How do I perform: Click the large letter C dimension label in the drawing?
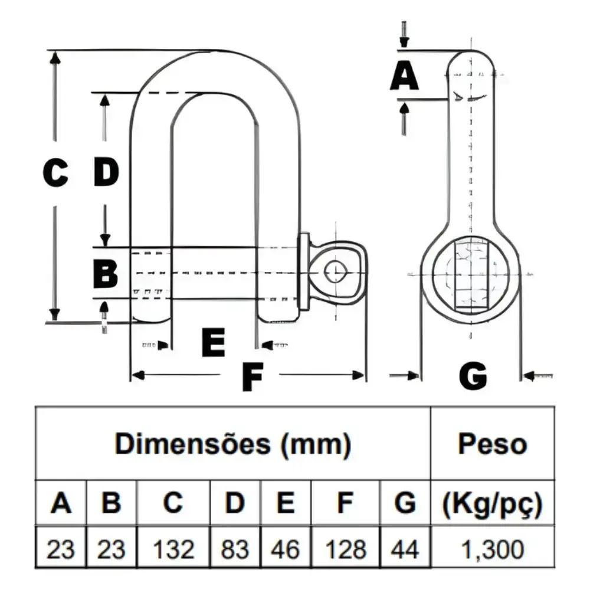(55, 173)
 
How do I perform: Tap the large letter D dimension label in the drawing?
(106, 172)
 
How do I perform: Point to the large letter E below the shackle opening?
(214, 342)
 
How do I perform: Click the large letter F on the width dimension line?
(253, 376)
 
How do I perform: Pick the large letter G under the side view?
(473, 375)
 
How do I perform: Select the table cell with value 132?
(173, 549)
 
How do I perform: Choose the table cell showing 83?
(235, 549)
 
